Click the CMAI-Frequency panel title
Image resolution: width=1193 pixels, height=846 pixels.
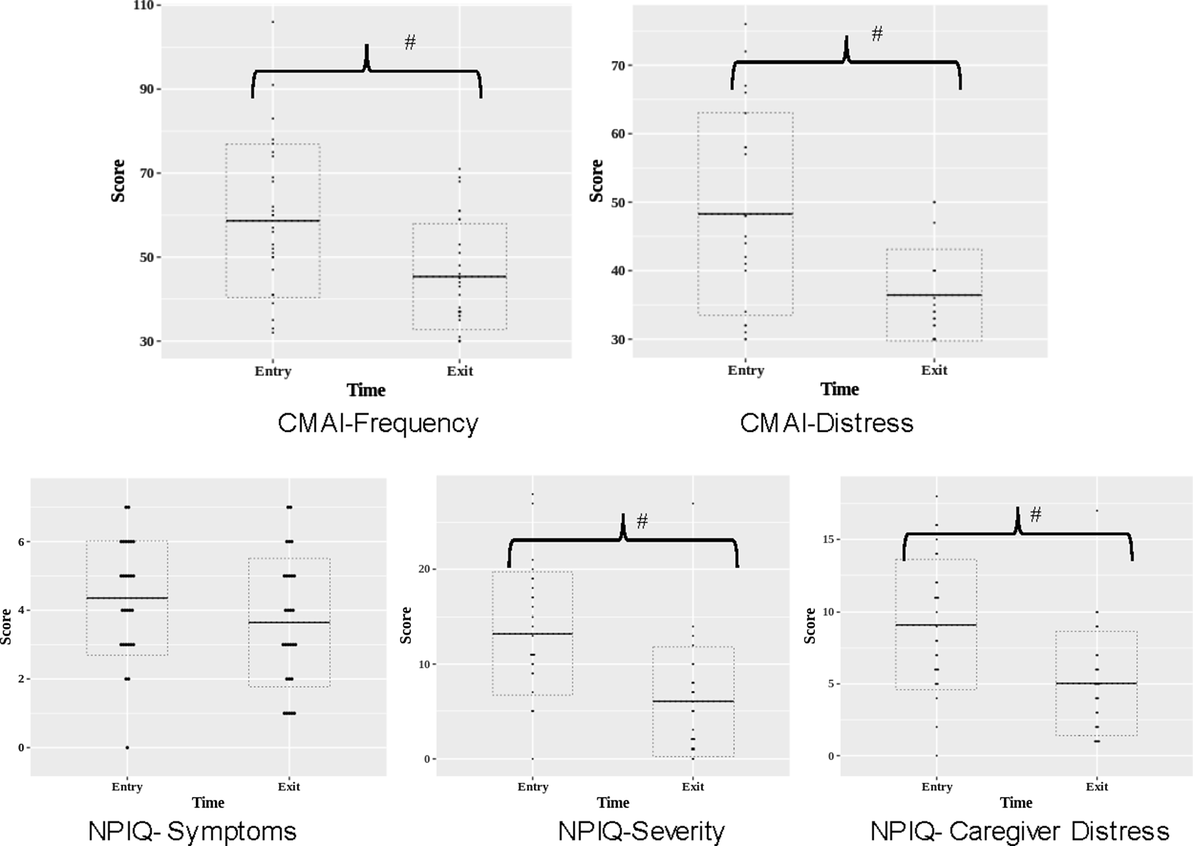pyautogui.click(x=377, y=424)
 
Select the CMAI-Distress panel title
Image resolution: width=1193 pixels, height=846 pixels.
pyautogui.click(x=826, y=423)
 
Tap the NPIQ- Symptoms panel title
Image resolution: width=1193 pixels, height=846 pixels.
pyautogui.click(x=192, y=831)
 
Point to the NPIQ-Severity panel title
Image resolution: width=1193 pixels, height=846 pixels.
pyautogui.click(x=641, y=831)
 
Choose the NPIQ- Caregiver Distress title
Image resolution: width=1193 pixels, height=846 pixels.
pyautogui.click(x=1019, y=831)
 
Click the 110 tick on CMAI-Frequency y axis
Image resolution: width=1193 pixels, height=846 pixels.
pyautogui.click(x=143, y=6)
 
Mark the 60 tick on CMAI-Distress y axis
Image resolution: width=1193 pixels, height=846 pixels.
pyautogui.click(x=617, y=134)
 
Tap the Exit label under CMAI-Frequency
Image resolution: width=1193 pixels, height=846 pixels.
pyautogui.click(x=460, y=371)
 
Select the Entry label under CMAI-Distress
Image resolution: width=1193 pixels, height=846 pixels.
pyautogui.click(x=746, y=370)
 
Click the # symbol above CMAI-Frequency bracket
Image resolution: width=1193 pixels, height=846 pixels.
pyautogui.click(x=410, y=42)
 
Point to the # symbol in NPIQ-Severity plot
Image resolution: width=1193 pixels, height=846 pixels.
pyautogui.click(x=642, y=521)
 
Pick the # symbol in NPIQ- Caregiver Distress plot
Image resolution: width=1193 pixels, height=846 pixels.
pyautogui.click(x=1035, y=514)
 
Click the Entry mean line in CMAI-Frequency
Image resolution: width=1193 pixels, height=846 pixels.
pyautogui.click(x=273, y=220)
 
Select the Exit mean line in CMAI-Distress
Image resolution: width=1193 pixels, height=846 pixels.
pyautogui.click(x=934, y=294)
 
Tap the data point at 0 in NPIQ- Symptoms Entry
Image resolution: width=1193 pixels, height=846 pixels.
pyautogui.click(x=127, y=748)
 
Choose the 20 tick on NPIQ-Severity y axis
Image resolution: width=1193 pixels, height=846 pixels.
pyautogui.click(x=424, y=569)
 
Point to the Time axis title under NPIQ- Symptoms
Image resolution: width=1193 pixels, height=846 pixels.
pyautogui.click(x=208, y=803)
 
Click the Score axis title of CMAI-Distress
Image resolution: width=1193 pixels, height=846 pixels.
pyautogui.click(x=596, y=180)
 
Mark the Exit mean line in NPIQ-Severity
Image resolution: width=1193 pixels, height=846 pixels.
pyautogui.click(x=693, y=701)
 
